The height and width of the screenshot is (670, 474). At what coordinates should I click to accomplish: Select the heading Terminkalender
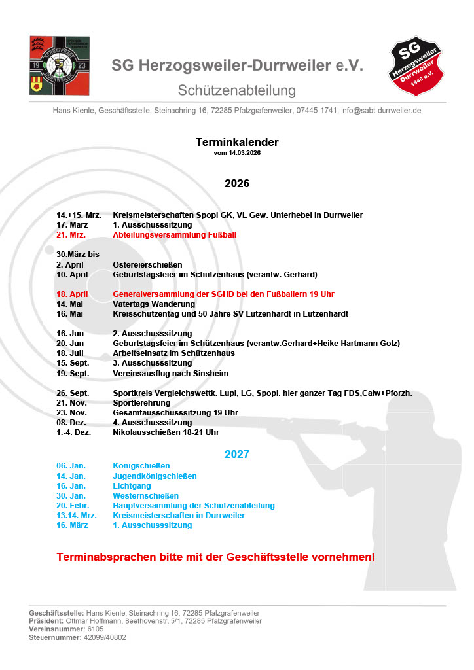point(237,142)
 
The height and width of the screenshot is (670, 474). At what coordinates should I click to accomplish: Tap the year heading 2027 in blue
point(237,454)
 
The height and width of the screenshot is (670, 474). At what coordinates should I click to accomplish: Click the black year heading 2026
point(237,183)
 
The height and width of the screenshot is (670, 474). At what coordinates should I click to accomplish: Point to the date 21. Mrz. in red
point(71,235)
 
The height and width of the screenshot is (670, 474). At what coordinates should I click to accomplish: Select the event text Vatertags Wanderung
point(154,304)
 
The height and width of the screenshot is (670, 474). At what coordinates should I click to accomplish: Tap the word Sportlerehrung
point(141,403)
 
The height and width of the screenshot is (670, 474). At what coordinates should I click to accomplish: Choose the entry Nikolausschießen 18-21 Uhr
point(166,432)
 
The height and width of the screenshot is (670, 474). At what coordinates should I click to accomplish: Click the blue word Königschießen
point(141,466)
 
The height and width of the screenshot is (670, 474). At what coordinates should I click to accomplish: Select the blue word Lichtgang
point(132,486)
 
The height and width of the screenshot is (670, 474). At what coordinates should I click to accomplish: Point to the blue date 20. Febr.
point(73,506)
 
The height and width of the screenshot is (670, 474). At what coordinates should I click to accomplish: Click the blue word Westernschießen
point(145,496)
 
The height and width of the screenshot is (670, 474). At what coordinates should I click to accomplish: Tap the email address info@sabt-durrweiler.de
point(381,111)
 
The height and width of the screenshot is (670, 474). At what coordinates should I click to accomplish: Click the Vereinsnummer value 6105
point(96,629)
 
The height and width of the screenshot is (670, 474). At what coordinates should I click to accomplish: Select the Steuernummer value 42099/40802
point(105,637)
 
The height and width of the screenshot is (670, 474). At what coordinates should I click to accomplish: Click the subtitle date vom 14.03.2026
point(237,153)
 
